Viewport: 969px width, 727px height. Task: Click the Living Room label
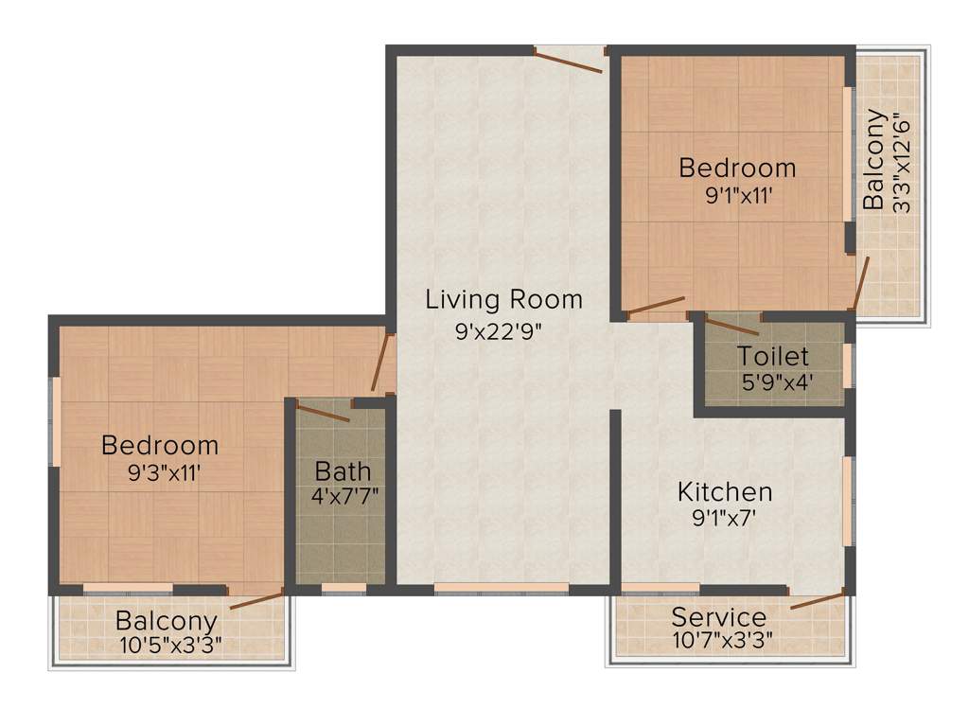pyautogui.click(x=503, y=300)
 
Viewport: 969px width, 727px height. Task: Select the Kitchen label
pyautogui.click(x=725, y=492)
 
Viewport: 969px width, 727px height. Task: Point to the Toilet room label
pyautogui.click(x=773, y=357)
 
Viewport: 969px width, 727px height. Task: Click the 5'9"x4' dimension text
pyautogui.click(x=777, y=384)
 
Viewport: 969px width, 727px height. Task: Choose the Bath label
pyautogui.click(x=343, y=470)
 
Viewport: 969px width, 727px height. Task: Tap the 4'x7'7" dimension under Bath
pyautogui.click(x=344, y=495)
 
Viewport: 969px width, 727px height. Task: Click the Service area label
pyautogui.click(x=719, y=617)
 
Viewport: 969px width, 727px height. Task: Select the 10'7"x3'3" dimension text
pyautogui.click(x=723, y=641)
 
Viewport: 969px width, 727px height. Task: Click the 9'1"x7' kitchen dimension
pyautogui.click(x=724, y=518)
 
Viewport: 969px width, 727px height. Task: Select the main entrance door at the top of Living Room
pyautogui.click(x=569, y=59)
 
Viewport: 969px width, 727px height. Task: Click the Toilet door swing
pyautogui.click(x=731, y=327)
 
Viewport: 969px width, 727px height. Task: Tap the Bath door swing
pyautogui.click(x=323, y=413)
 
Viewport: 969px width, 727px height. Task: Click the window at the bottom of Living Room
pyautogui.click(x=502, y=589)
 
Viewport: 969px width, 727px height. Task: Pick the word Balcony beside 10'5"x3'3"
pyautogui.click(x=167, y=622)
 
